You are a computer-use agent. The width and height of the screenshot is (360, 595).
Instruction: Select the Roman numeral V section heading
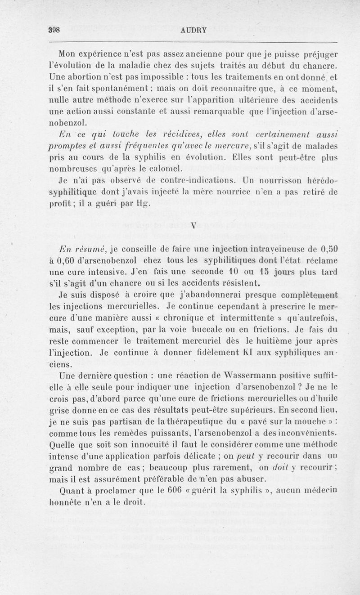pyautogui.click(x=192, y=226)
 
